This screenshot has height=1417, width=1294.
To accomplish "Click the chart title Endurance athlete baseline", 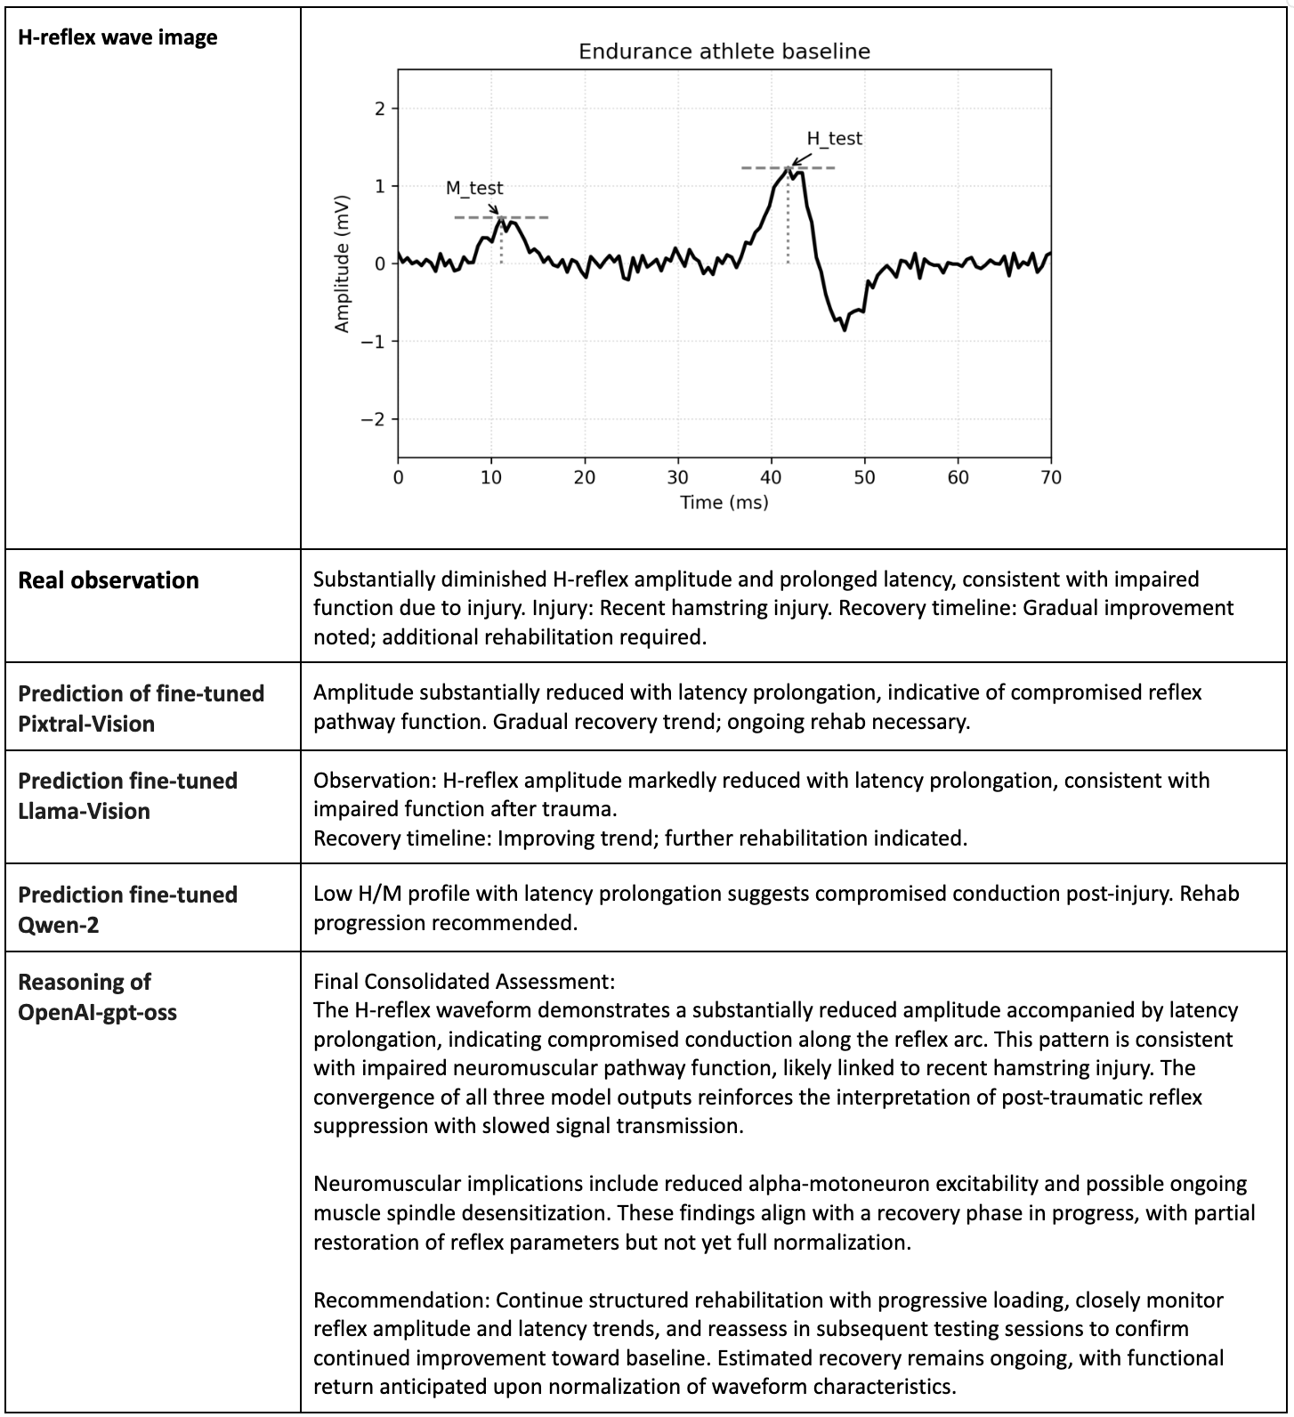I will click(x=724, y=52).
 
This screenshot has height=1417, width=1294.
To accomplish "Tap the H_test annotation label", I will click(x=834, y=139).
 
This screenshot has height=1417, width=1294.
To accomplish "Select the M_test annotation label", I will click(x=474, y=189).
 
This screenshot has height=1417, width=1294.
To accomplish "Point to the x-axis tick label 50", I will click(x=864, y=477).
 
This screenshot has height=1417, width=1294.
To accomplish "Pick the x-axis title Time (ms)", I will click(x=724, y=503).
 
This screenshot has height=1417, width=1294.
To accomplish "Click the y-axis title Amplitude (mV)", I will click(x=342, y=264).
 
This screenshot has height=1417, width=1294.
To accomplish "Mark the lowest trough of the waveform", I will click(x=844, y=329).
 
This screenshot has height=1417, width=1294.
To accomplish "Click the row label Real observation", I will click(x=109, y=580).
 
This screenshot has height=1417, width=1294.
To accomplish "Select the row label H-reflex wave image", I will click(x=117, y=37).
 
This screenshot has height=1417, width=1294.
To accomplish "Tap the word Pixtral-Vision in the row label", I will click(x=86, y=724).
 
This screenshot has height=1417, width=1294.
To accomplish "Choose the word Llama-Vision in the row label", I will click(x=84, y=811).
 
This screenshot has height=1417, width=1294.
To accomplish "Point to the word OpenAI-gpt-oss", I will click(x=97, y=1012).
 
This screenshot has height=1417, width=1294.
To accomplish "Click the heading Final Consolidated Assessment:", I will click(x=464, y=982).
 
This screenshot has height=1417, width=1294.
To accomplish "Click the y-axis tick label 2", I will click(x=381, y=109).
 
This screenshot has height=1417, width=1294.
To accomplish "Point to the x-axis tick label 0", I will click(x=398, y=477).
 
